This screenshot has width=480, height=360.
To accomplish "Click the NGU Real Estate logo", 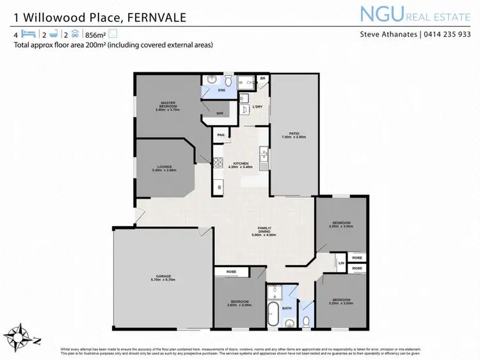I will pyautogui.click(x=414, y=14).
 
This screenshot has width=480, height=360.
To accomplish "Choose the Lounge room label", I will pyautogui.click(x=164, y=168).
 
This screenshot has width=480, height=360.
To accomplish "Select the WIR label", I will pyautogui.click(x=220, y=113).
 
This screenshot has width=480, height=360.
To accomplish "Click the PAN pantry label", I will pyautogui.click(x=221, y=135).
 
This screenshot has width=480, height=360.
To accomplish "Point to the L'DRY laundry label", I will pyautogui.click(x=258, y=106).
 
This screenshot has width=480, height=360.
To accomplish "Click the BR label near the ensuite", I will pyautogui.click(x=262, y=79).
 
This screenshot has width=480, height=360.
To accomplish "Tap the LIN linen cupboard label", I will pyautogui.click(x=341, y=263).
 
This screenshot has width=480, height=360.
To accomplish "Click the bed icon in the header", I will pyautogui.click(x=27, y=34).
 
